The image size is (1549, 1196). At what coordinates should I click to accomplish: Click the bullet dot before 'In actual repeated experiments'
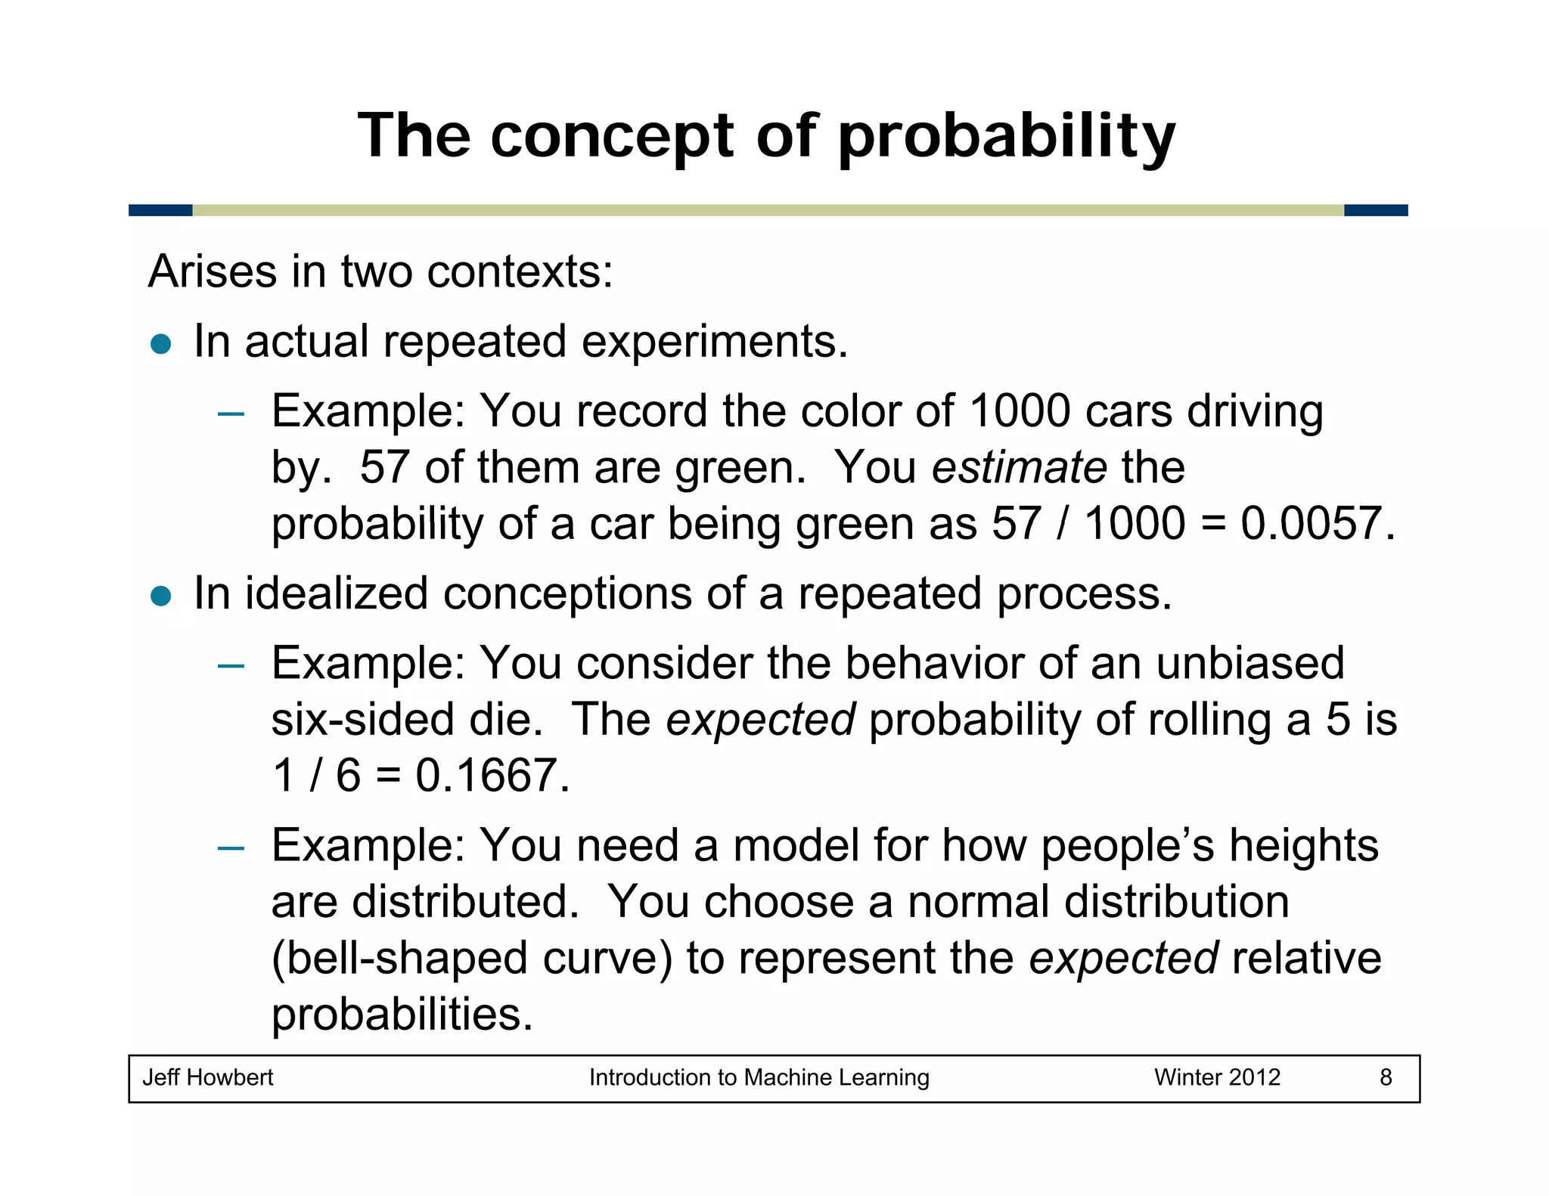click(161, 344)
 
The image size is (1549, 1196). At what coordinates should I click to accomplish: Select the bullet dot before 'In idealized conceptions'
click(161, 596)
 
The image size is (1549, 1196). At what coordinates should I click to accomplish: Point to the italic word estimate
click(1019, 467)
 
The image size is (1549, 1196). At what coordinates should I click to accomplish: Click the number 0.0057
click(1316, 523)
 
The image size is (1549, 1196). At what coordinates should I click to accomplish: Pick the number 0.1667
click(492, 776)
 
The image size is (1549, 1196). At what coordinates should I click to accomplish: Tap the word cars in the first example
click(1128, 412)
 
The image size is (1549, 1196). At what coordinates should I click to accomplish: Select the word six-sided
click(363, 720)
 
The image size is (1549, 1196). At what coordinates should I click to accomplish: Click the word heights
click(1303, 845)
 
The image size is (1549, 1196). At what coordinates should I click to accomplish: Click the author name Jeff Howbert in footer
click(208, 1077)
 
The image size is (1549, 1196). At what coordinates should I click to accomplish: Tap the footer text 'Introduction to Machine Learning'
click(759, 1077)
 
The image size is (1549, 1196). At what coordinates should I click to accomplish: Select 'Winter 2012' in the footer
click(1216, 1077)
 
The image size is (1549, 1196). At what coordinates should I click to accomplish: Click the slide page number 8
click(1386, 1077)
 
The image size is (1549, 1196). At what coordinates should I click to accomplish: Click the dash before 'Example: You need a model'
click(230, 848)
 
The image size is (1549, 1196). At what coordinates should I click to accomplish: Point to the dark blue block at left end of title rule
click(160, 210)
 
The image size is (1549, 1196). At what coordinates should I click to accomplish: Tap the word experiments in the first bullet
click(714, 342)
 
